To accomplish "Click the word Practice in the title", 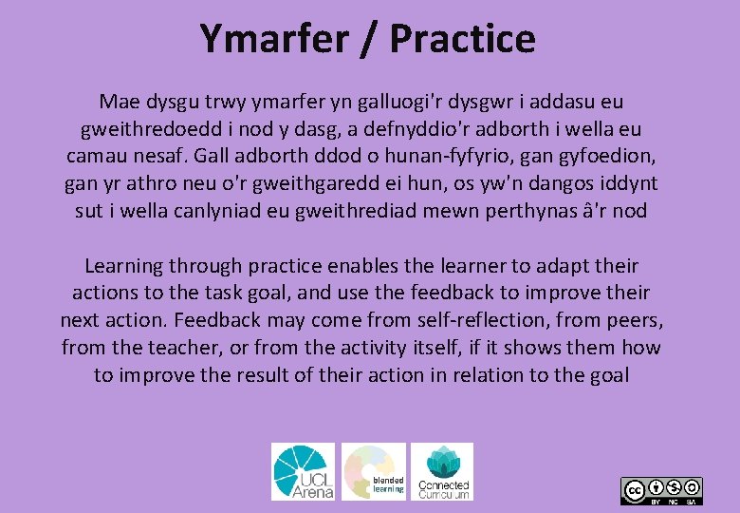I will click(x=462, y=39).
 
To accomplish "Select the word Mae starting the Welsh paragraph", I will click(x=119, y=101).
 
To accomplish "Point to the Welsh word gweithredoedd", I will click(x=145, y=128).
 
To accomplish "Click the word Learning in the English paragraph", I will click(x=124, y=266).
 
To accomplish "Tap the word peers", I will click(x=637, y=321).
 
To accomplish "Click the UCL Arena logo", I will click(x=303, y=471).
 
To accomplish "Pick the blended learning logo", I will click(x=374, y=471).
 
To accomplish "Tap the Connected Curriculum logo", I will click(x=442, y=471).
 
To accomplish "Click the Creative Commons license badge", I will click(x=661, y=490).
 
